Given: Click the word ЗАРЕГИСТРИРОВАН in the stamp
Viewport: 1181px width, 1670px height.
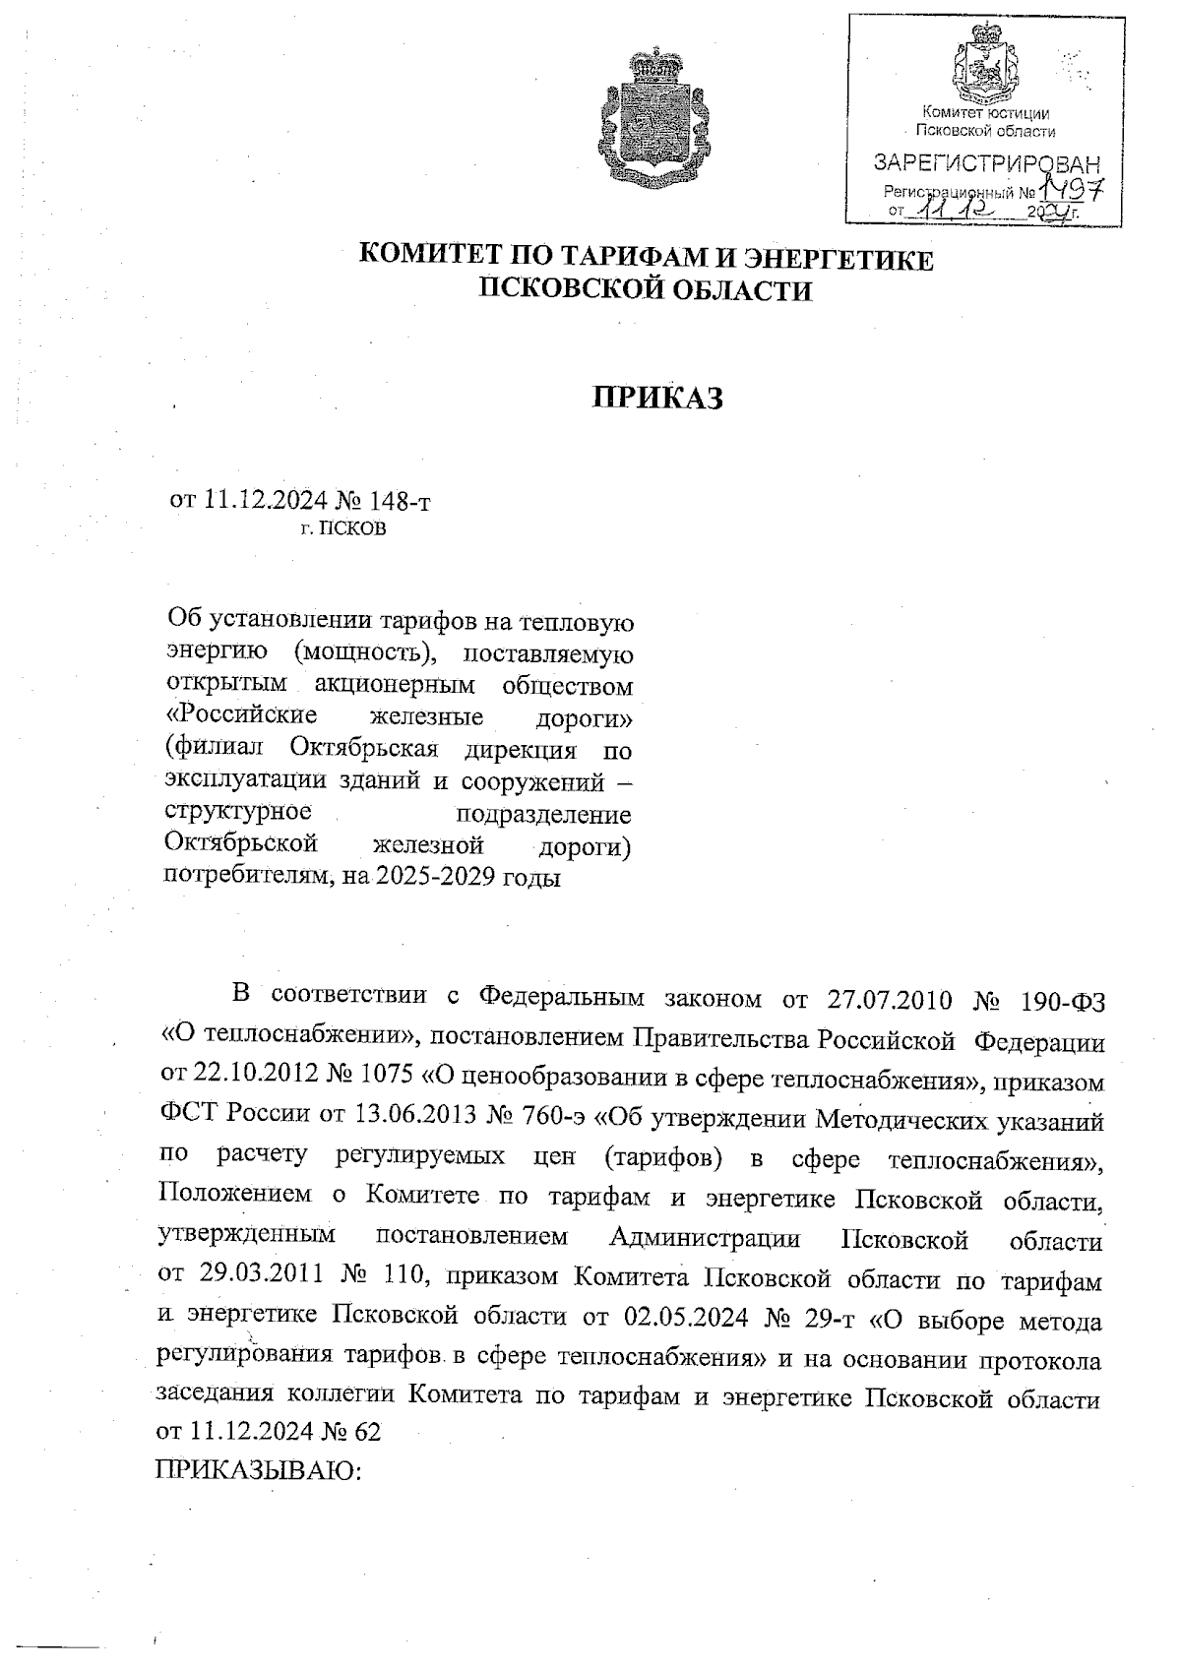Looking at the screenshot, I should coord(986,162).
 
